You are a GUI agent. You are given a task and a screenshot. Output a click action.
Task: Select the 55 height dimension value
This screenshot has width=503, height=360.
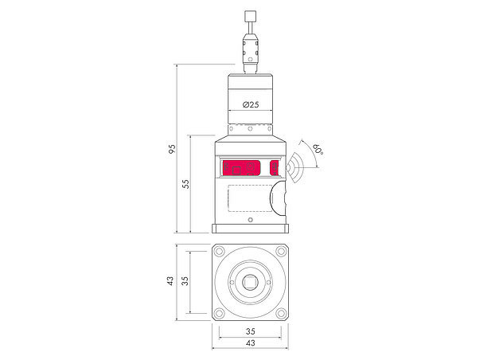(185, 183)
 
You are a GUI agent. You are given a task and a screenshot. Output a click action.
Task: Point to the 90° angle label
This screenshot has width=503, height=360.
(316, 150)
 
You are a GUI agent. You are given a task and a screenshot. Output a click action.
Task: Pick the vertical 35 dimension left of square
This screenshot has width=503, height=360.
(185, 281)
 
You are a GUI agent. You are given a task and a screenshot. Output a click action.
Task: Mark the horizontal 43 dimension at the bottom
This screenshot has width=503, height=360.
(250, 342)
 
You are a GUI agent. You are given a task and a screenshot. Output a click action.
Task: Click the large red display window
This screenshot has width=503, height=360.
(241, 168)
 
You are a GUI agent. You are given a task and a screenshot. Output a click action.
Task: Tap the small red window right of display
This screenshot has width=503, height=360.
(275, 168)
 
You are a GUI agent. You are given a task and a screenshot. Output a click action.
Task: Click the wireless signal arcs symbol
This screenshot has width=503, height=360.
(296, 167)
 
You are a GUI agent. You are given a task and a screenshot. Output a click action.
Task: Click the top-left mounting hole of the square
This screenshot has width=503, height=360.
(220, 252)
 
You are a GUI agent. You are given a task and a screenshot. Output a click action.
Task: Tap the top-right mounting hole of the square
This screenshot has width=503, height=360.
(279, 252)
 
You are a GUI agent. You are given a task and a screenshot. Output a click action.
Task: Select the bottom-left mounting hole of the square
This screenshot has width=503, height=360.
(220, 311)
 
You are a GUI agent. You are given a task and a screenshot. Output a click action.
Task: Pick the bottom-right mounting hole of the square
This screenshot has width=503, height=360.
(279, 311)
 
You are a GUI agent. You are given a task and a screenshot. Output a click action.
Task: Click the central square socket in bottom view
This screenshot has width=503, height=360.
(250, 281)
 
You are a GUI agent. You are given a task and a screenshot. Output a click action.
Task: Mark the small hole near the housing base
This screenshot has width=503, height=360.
(250, 220)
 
